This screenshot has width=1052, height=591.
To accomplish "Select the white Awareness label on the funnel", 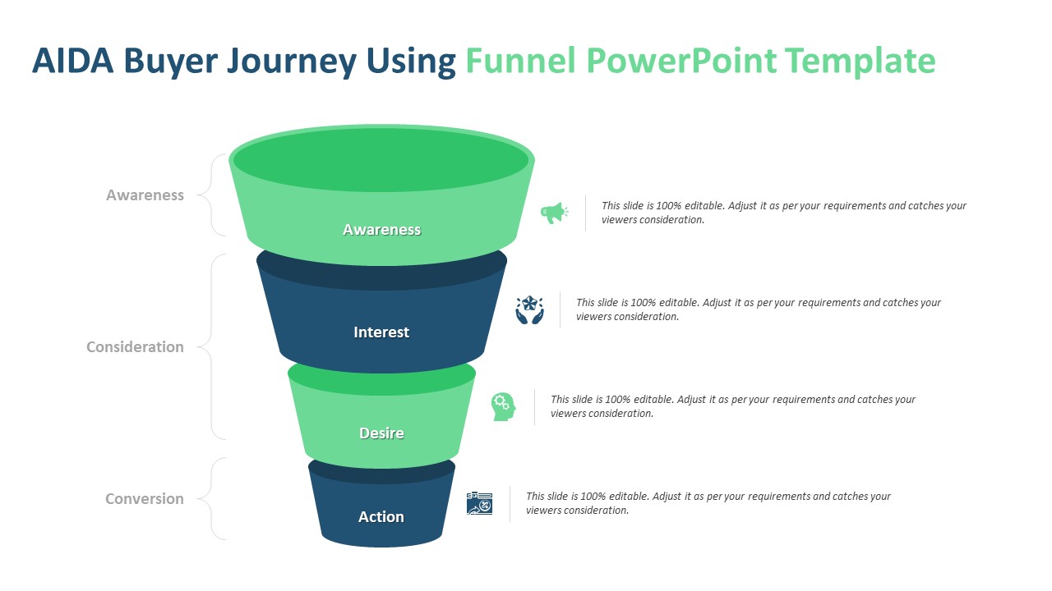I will pos(381,230).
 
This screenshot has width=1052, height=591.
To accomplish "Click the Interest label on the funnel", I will pos(381,332).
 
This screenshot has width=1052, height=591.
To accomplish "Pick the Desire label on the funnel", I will pos(381,433).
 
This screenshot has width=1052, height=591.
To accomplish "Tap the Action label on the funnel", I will pos(381,517).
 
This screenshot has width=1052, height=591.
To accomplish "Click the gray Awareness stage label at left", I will pos(145,195).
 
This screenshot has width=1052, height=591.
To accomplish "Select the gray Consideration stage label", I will pos(135,347).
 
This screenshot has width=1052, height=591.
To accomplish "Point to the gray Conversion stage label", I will pos(144,499).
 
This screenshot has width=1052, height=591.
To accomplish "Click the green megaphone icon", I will pos(554,213).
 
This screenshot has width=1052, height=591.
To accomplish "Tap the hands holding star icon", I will pos(529,310).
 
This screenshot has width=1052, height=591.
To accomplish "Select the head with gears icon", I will pos(503,407).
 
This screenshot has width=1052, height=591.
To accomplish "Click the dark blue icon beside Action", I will pos(479,503).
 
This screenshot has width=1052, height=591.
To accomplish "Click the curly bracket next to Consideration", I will pos(208,347).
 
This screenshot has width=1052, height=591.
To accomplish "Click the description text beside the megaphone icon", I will pos(783,213).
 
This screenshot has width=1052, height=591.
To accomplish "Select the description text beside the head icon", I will pos(732,406).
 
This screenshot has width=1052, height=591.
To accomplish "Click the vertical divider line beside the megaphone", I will pos(586,213).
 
